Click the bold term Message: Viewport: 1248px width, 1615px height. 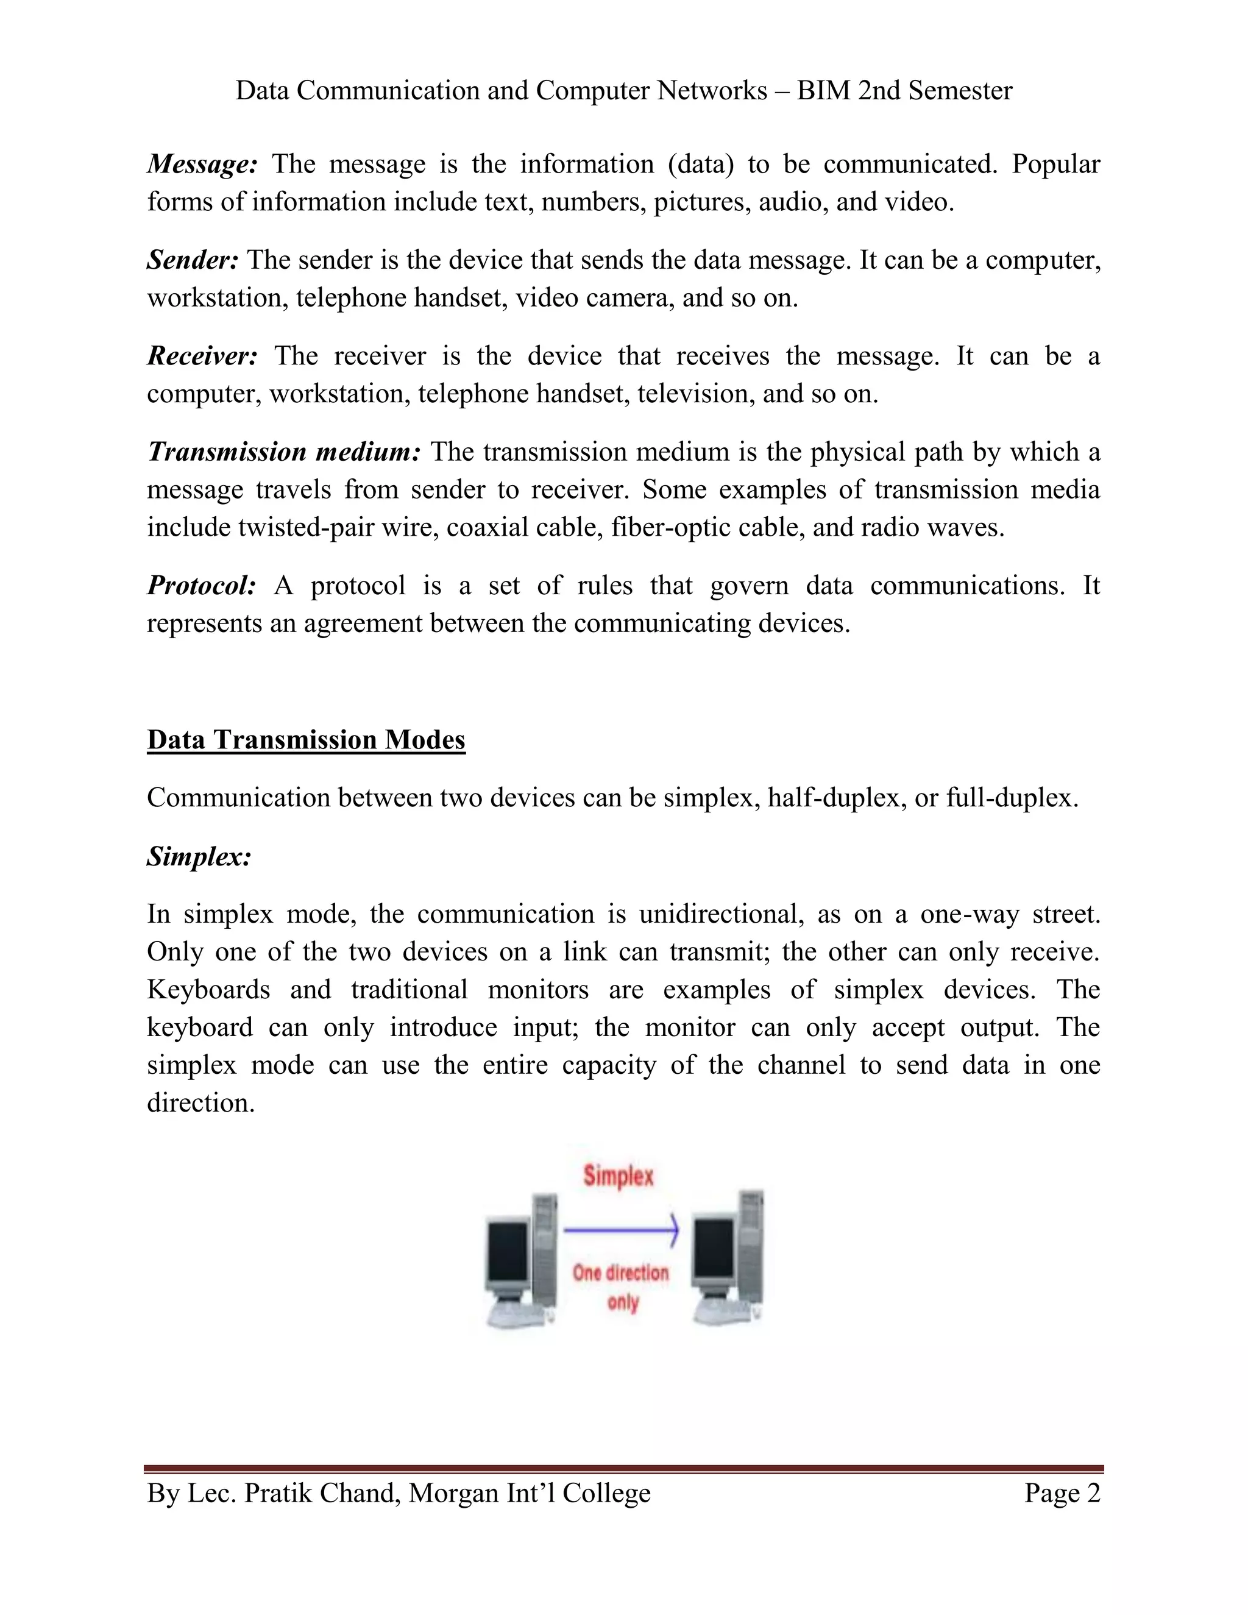pos(202,164)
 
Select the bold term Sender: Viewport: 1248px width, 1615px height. pos(192,260)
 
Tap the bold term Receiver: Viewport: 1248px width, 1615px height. pos(202,357)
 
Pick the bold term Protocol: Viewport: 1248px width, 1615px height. pos(201,586)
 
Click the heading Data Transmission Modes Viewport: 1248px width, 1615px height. pos(306,740)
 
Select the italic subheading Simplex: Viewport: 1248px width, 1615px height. pos(199,857)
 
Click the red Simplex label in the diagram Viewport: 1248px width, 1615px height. pos(618,1176)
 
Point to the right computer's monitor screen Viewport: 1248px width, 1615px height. pos(713,1251)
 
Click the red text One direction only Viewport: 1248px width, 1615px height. pos(620,1287)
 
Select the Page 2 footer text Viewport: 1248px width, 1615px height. pos(1062,1493)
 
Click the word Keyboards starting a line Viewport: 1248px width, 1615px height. pos(208,990)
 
